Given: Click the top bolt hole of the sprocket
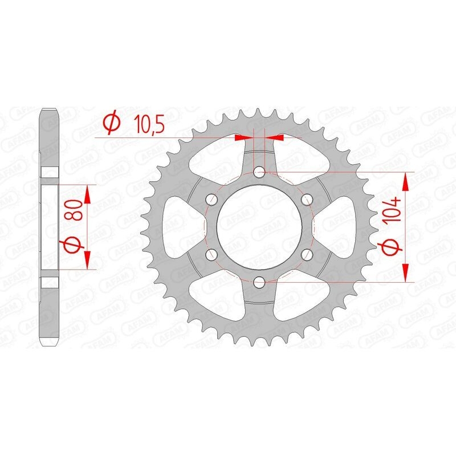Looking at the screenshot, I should [x=260, y=172].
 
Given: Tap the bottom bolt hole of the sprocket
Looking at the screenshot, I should [x=260, y=281].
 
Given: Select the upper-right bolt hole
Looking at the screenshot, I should [x=307, y=199].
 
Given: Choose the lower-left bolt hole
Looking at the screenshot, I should [x=213, y=254].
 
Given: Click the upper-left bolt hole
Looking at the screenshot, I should [x=213, y=199].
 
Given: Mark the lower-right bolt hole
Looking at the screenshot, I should [x=307, y=254].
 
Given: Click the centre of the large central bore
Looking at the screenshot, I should [x=260, y=226].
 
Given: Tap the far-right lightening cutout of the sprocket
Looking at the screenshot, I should [x=339, y=226].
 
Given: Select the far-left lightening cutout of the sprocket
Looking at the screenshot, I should [x=180, y=226].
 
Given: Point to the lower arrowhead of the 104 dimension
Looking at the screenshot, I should [x=406, y=273].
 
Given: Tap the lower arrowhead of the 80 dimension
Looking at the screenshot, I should [x=87, y=260].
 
